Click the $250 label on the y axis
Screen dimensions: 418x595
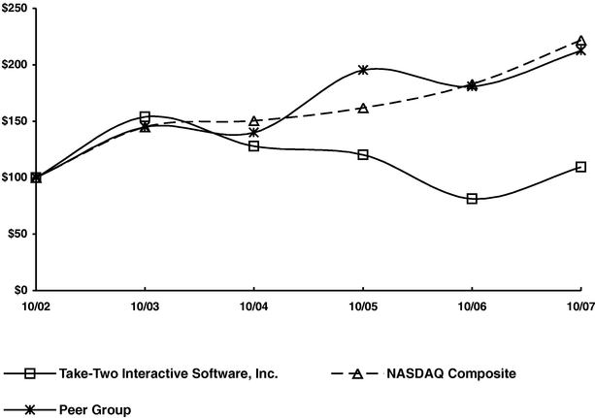[x=15, y=9]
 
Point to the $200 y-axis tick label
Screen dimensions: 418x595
[x=15, y=65]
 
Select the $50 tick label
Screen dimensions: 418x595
[x=17, y=234]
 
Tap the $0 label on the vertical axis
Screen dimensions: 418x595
[x=20, y=290]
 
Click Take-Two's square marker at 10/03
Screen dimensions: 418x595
[x=146, y=116]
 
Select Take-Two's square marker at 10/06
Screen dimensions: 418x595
[x=472, y=199]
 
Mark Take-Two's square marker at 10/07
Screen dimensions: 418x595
[x=580, y=167]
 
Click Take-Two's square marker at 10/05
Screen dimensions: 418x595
[x=363, y=154]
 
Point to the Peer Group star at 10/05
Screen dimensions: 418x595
[x=363, y=70]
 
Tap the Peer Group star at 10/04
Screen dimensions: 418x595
[x=254, y=132]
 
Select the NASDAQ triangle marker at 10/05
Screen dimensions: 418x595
[x=363, y=108]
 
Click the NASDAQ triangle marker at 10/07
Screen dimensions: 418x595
[x=580, y=42]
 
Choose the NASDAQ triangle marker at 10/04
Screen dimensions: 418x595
[x=254, y=121]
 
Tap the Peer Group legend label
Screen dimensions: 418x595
[x=96, y=409]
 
